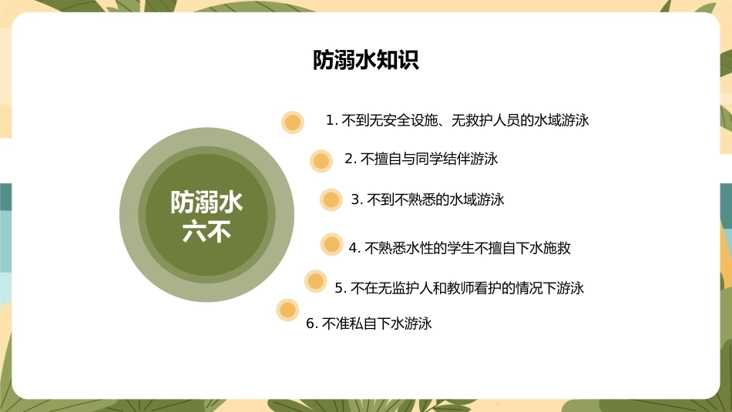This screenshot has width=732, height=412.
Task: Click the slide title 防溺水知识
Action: click(365, 60)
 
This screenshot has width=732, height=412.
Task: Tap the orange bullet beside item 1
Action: click(293, 122)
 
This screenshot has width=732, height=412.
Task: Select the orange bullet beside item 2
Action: click(321, 161)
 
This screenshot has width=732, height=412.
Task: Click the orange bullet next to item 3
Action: click(331, 199)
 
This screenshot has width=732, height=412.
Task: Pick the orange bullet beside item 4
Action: click(332, 244)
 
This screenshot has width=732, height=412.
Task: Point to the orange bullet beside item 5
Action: click(316, 281)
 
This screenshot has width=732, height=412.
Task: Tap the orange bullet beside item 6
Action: click(287, 310)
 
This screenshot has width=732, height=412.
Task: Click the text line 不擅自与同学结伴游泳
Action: click(429, 159)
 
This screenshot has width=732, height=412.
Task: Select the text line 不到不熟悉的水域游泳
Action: click(435, 199)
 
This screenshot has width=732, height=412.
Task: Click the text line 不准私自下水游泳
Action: click(377, 323)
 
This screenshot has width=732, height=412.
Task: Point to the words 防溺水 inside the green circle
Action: click(207, 203)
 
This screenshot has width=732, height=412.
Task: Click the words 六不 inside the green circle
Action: click(207, 232)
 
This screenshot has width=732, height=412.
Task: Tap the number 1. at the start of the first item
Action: click(331, 120)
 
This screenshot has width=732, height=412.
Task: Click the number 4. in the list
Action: click(354, 248)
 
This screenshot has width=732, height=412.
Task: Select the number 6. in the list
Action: click(312, 323)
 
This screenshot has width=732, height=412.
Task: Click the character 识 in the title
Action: click(408, 60)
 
